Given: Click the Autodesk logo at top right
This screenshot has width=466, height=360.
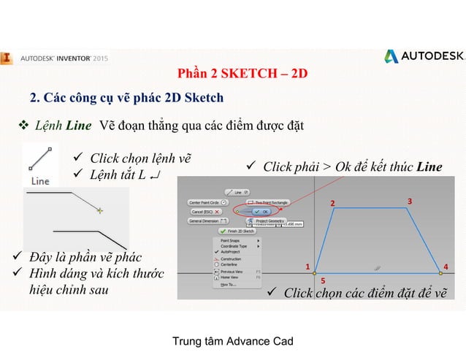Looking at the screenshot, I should [423, 57].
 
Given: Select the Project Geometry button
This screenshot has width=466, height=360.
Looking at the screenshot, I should [270, 220].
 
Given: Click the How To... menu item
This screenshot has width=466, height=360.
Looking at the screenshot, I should [228, 286].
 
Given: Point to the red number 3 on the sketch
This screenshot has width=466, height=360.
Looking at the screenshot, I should [410, 200].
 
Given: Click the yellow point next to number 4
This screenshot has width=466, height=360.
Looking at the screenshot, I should [440, 273].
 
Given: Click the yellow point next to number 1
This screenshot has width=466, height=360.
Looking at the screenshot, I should [315, 273].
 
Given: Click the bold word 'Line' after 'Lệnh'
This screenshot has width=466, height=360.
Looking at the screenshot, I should [78, 126].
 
